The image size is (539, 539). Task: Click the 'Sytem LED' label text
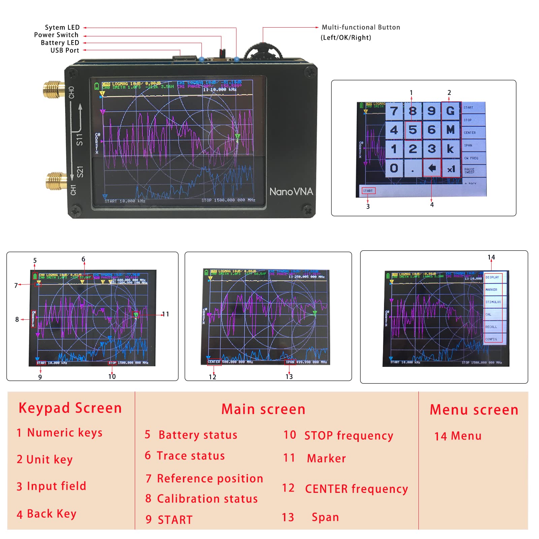pos(62,27)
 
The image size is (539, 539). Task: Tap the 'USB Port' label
pos(65,50)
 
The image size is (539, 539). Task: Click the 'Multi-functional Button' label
pos(361,27)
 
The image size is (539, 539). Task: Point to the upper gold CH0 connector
pos(54,89)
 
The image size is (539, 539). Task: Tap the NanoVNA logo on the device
pos(291,191)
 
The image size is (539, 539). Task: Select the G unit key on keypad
pos(451,111)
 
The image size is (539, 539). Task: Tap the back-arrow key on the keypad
pos(432,168)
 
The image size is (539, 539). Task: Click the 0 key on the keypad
pos(394,168)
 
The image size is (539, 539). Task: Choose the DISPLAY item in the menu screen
pos(493,278)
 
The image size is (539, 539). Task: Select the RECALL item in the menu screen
pos(492,327)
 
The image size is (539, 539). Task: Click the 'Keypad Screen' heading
pos(70,408)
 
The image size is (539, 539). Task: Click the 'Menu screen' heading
pos(474,410)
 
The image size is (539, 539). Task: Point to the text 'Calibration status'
pos(207,499)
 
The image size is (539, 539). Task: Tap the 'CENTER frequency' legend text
pos(356,488)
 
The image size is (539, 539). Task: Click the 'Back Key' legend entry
pos(52,514)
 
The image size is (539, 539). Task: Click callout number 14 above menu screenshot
pos(491,257)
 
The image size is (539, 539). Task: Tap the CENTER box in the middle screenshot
pos(214,362)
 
